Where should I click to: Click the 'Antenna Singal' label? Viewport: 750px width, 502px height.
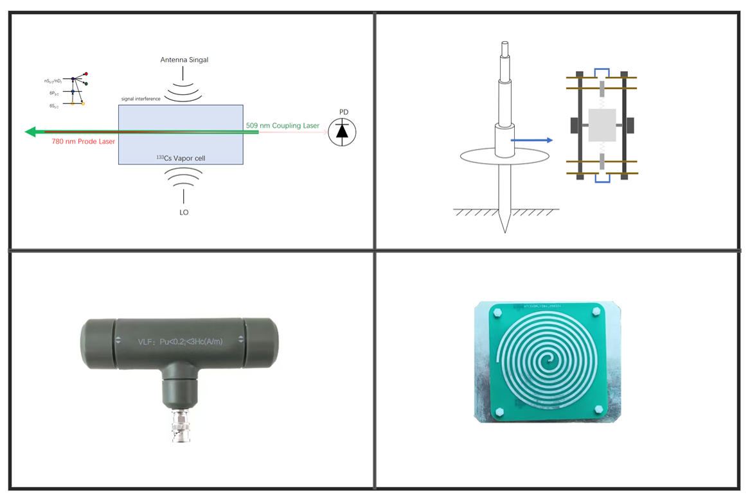click(x=184, y=60)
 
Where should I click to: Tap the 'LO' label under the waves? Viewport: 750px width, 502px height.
click(x=184, y=212)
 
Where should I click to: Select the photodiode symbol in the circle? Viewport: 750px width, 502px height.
click(x=342, y=132)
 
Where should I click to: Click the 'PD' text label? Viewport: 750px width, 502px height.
click(x=344, y=112)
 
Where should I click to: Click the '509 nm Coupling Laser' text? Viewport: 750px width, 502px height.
click(x=282, y=125)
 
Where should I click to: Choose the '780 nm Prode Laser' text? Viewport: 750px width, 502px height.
click(x=84, y=141)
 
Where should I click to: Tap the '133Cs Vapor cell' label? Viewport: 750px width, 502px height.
click(x=181, y=157)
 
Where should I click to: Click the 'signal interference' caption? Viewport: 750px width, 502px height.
click(x=141, y=99)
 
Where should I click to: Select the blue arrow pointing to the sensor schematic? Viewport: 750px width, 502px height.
click(x=531, y=140)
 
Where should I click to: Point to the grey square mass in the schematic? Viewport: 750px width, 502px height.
click(x=602, y=125)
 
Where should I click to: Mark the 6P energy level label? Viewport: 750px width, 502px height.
click(x=54, y=93)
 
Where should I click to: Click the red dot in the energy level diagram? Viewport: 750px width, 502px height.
click(x=85, y=74)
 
